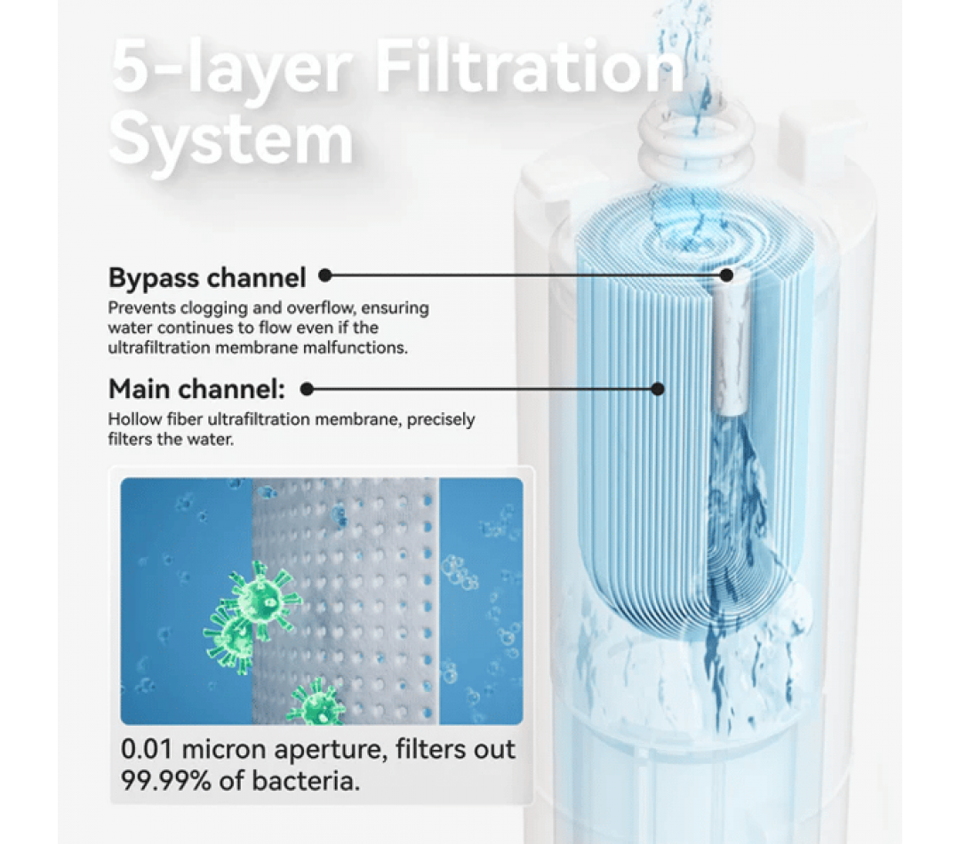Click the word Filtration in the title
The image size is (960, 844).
pos(530,67)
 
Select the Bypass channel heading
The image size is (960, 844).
pos(207,277)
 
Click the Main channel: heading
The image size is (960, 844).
pos(196,388)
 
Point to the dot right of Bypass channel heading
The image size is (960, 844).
pos(325,275)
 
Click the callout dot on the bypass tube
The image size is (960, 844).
pos(727,275)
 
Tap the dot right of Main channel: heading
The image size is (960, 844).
pos(308,388)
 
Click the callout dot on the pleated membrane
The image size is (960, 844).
pos(658,388)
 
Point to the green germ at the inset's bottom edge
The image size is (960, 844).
pos(316,703)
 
